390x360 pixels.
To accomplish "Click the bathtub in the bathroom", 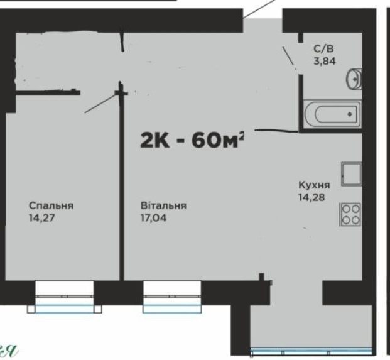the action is (332, 114).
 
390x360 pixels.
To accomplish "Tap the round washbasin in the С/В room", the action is (354, 78).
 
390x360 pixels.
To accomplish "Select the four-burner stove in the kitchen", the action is (350, 214).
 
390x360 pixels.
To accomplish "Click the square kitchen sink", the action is (351, 174).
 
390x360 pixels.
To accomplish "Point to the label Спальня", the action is (51, 206).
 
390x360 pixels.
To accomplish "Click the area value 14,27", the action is (42, 218).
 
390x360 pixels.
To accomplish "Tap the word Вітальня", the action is (163, 205).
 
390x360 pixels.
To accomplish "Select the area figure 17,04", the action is (153, 218).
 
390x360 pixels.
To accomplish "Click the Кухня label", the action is (314, 185).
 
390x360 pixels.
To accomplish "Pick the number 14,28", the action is (311, 197).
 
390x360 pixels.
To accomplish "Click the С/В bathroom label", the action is (323, 49).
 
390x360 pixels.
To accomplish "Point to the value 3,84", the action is (325, 61).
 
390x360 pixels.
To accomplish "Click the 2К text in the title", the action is (155, 140).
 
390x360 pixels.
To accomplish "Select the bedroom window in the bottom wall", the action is (65, 297).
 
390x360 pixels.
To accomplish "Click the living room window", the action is (172, 297).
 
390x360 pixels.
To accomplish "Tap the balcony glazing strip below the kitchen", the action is (311, 352).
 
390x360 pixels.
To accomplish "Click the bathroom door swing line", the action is (289, 57).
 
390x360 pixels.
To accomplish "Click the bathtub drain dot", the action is (350, 114).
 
